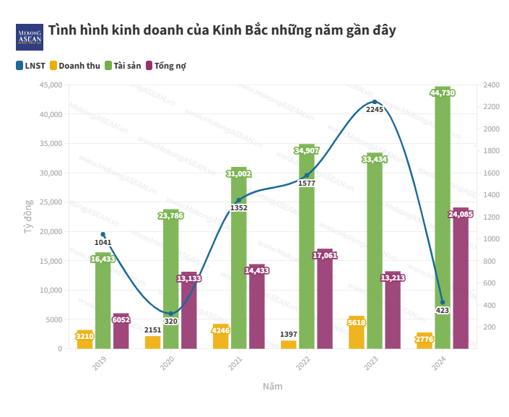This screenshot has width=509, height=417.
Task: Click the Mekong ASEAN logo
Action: tap(30, 37)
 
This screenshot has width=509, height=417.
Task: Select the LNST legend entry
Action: tap(30, 65)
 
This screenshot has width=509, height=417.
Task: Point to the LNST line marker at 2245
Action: tap(374, 102)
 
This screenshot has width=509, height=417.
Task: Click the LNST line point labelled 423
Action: tap(442, 302)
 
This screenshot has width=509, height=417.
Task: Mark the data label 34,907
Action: tap(307, 150)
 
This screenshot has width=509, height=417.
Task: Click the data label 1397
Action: tap(288, 335)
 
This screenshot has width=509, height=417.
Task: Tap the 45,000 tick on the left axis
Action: tap(50, 85)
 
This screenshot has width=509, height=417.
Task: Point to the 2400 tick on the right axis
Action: tap(492, 85)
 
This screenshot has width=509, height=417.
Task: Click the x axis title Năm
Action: tap(272, 387)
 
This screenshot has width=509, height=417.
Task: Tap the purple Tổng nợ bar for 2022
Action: tap(325, 300)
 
